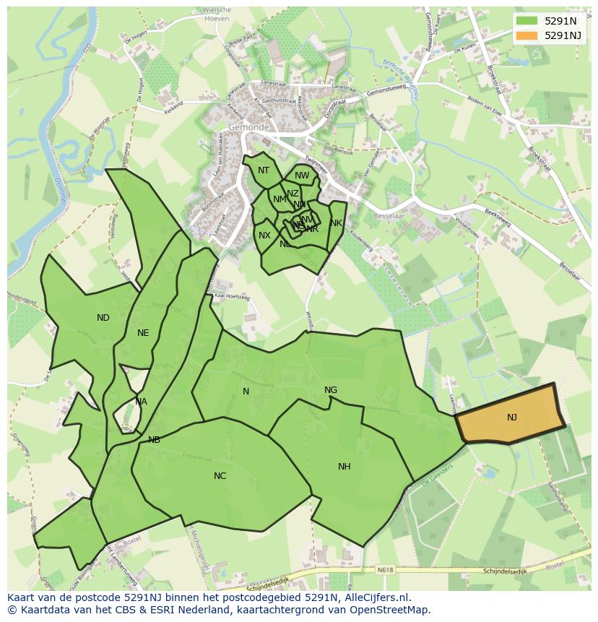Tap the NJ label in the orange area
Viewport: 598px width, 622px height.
pyautogui.click(x=511, y=417)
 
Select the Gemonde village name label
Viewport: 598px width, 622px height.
pyautogui.click(x=248, y=127)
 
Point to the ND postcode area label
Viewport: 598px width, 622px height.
pyautogui.click(x=103, y=318)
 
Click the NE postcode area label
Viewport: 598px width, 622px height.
pyautogui.click(x=143, y=333)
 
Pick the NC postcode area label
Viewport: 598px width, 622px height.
pyautogui.click(x=220, y=475)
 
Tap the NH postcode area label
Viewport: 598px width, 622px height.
pyautogui.click(x=344, y=467)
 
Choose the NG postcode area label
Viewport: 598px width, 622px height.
pyautogui.click(x=331, y=390)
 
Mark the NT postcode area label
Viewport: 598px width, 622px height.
pyautogui.click(x=264, y=170)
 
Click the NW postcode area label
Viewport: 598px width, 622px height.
pyautogui.click(x=302, y=176)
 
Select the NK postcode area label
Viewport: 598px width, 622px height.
pyautogui.click(x=336, y=223)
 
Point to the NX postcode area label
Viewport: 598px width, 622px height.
pyautogui.click(x=264, y=236)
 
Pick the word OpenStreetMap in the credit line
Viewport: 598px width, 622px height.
pyautogui.click(x=394, y=610)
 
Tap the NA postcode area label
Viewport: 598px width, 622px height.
pyautogui.click(x=141, y=402)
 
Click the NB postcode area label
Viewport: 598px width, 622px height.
pyautogui.click(x=154, y=439)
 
